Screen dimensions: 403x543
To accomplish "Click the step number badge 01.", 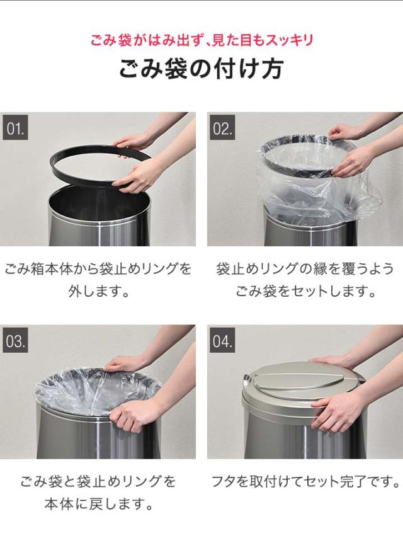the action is point(15,127).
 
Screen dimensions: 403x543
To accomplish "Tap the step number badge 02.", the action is point(222,127).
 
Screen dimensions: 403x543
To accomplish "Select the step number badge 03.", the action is point(15,340).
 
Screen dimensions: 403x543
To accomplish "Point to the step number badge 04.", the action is point(222,340).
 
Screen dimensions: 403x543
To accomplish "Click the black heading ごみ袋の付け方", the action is point(201,69).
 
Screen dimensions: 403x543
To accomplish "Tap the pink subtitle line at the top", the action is point(201,40).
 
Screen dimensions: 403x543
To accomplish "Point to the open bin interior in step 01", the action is point(99,203).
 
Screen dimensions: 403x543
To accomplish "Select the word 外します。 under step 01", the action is point(99,291).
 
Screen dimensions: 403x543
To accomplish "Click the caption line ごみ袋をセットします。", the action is point(305,291).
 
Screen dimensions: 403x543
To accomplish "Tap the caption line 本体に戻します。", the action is point(99,504).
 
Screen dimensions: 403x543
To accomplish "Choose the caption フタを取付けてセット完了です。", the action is point(305,481).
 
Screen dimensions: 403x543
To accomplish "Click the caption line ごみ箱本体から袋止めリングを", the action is point(98,269).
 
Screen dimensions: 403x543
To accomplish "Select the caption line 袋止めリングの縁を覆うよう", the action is point(305,269).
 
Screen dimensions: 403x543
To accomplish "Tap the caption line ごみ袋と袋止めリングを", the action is point(98,481).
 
